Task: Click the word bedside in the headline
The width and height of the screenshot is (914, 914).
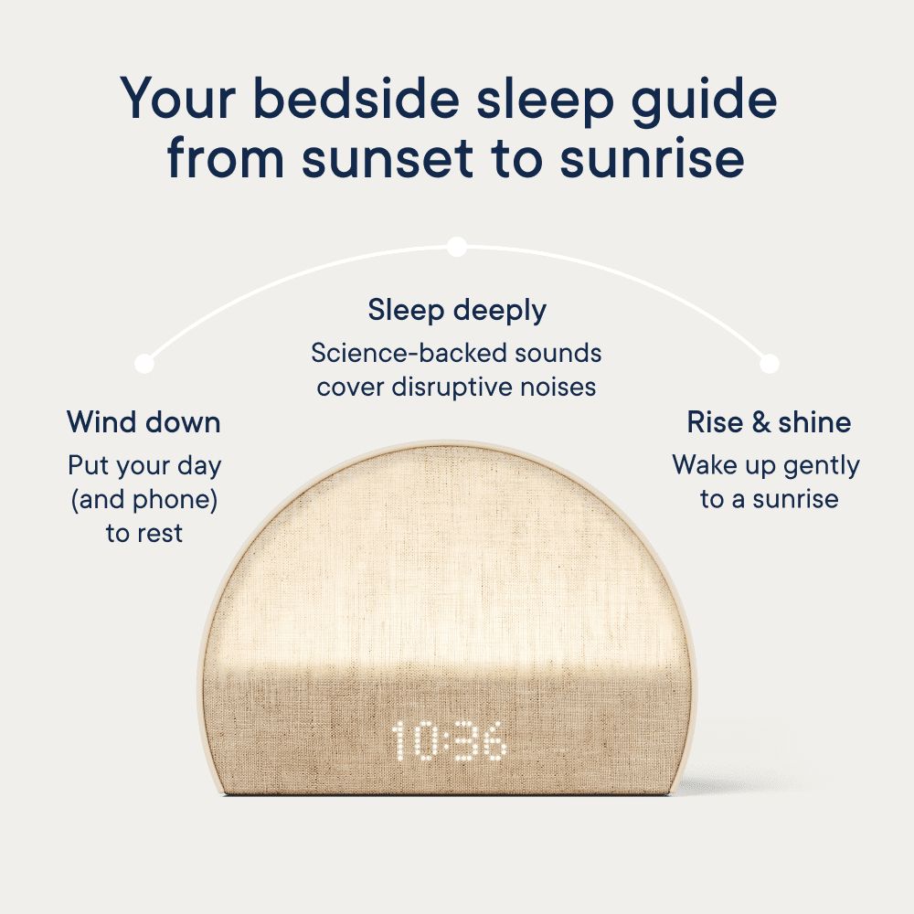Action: pyautogui.click(x=356, y=98)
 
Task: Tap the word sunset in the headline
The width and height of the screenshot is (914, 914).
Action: pyautogui.click(x=388, y=157)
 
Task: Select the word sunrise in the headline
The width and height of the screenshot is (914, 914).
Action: pyautogui.click(x=653, y=157)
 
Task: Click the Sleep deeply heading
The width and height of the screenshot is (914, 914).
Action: pyautogui.click(x=457, y=311)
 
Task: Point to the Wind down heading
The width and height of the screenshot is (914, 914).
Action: pyautogui.click(x=144, y=422)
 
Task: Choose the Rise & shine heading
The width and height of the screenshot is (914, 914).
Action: pyautogui.click(x=769, y=422)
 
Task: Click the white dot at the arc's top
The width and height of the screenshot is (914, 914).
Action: pyautogui.click(x=457, y=247)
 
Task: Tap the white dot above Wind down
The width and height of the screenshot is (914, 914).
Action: pyautogui.click(x=144, y=363)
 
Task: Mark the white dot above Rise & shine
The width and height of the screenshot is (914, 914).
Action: pyautogui.click(x=770, y=363)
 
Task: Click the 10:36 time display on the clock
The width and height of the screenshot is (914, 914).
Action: pyautogui.click(x=448, y=740)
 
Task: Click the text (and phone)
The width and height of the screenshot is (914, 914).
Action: pyautogui.click(x=144, y=500)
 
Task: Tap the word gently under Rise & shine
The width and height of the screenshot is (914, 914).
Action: pyautogui.click(x=822, y=466)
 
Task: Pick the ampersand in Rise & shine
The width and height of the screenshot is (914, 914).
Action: pyautogui.click(x=760, y=422)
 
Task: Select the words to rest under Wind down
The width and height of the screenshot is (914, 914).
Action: pyautogui.click(x=144, y=534)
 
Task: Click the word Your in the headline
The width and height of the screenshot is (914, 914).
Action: pyautogui.click(x=178, y=98)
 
